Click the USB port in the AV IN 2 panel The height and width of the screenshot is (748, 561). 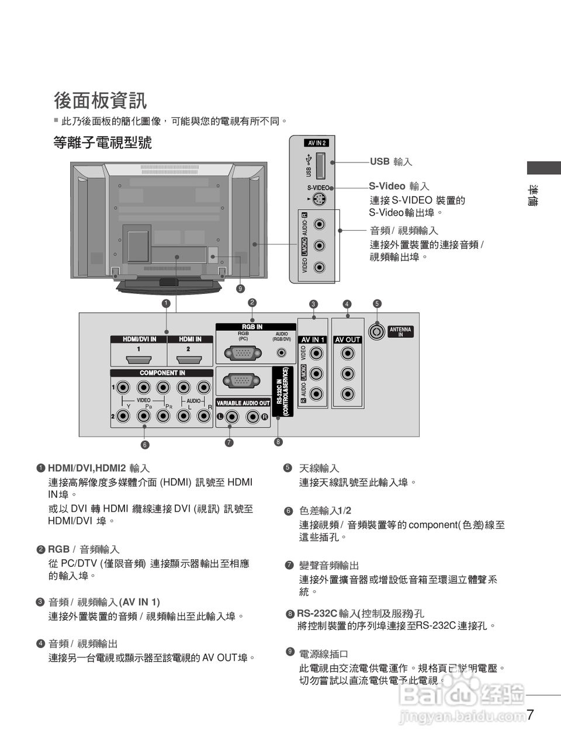click(320, 165)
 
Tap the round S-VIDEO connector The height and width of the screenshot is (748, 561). click(319, 199)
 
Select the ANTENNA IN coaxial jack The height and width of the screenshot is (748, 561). click(378, 331)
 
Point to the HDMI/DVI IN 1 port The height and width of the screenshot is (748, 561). click(138, 359)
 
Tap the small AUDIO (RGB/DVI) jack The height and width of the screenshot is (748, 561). click(282, 353)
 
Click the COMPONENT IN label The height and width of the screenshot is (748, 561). click(162, 373)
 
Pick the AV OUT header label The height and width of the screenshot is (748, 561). click(348, 340)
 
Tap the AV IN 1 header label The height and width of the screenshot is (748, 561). click(313, 340)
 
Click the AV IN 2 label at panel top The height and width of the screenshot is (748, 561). click(317, 143)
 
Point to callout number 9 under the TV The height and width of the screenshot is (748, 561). click(240, 289)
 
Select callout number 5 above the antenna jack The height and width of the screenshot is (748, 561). click(377, 303)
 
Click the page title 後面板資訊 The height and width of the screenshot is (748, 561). click(100, 101)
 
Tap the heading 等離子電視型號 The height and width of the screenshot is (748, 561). click(103, 142)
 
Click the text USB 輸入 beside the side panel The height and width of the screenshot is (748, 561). click(391, 161)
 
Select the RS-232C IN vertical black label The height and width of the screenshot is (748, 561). click(282, 391)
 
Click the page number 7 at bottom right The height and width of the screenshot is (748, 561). click(529, 714)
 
